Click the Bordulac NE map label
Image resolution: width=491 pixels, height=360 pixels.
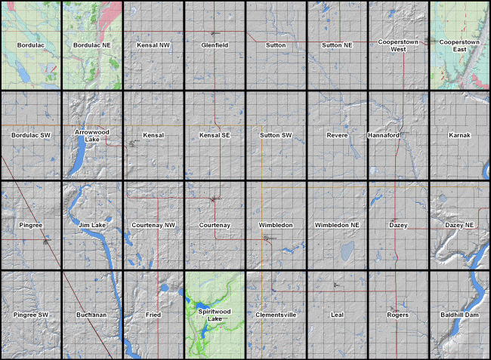(92, 45)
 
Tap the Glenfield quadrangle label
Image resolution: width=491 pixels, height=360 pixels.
(215, 45)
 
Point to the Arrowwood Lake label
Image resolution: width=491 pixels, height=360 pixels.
(92, 135)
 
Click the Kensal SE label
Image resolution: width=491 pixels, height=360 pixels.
(215, 135)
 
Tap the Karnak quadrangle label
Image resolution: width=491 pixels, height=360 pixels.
(459, 135)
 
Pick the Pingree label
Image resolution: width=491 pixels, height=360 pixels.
(31, 225)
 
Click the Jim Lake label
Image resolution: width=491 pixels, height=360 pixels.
(92, 225)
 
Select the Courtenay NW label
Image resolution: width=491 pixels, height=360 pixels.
(153, 225)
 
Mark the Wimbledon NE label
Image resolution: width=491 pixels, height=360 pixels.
(337, 225)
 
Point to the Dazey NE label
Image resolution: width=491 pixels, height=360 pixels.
(459, 225)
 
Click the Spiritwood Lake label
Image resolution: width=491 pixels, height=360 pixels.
(215, 315)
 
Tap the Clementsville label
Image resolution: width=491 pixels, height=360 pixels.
(276, 314)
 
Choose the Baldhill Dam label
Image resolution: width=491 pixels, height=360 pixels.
(459, 314)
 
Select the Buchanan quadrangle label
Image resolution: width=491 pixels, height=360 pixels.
(92, 314)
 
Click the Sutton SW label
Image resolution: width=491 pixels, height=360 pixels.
(276, 135)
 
